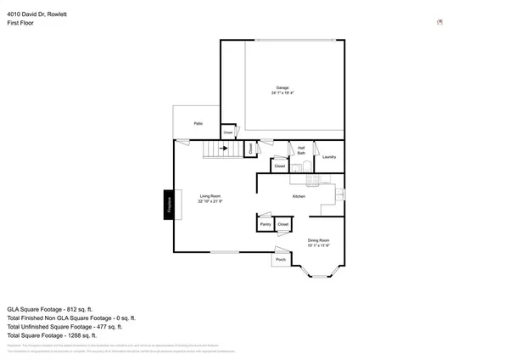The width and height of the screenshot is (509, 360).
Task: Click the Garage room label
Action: [x=282, y=89]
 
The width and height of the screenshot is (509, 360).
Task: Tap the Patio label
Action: [x=198, y=124]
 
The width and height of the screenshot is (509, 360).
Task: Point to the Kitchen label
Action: [x=299, y=196]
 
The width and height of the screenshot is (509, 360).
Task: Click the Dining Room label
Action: [x=318, y=242]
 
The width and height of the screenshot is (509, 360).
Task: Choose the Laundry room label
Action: [x=329, y=156]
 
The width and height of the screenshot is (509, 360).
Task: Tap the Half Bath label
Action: [x=300, y=150]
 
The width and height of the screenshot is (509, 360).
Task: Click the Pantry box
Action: [x=266, y=223]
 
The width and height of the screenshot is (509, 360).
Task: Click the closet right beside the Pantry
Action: [x=283, y=223]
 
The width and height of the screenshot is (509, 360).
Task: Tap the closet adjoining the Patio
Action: [x=228, y=132]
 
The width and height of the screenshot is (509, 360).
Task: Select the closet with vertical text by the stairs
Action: [x=250, y=149]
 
